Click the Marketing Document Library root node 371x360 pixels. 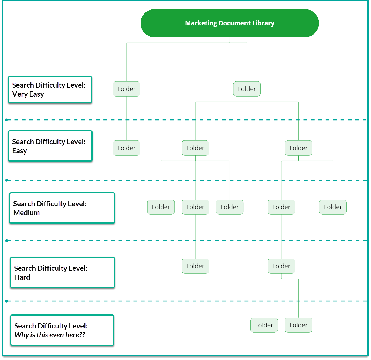coord(230,23)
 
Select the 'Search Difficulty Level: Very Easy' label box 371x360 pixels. coord(50,90)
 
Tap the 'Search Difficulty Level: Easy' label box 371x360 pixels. coord(50,146)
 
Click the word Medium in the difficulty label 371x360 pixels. coord(26,213)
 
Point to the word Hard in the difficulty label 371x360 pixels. coord(22,277)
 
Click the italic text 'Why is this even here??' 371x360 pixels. coord(50,335)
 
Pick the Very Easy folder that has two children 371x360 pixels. coord(247,89)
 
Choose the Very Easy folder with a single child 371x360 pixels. coord(126,89)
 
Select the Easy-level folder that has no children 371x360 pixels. coord(126,148)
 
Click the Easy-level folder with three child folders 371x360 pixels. coord(195,148)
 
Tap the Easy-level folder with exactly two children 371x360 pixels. coord(298,148)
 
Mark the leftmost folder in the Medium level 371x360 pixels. coord(161,207)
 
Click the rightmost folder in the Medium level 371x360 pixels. coord(333,207)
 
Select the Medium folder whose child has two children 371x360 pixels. coord(281,207)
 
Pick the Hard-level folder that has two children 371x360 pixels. coord(281,266)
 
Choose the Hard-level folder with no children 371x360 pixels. coord(195,266)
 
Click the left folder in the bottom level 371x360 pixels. coord(264,325)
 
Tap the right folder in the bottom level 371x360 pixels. coord(298,325)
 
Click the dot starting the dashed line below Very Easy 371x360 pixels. coord(6,120)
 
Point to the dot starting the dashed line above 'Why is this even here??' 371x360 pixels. coord(7,301)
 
